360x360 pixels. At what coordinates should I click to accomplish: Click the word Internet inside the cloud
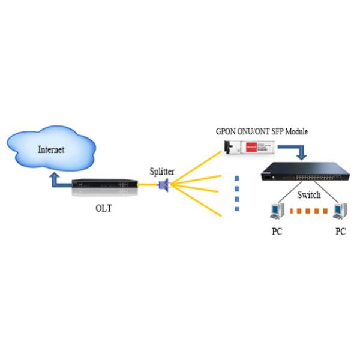[51, 149]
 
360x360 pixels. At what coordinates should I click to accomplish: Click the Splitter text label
[162, 172]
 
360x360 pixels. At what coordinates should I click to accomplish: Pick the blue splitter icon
[163, 185]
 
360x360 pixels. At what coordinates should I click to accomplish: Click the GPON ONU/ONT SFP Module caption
[262, 131]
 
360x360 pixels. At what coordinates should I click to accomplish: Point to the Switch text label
[308, 195]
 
